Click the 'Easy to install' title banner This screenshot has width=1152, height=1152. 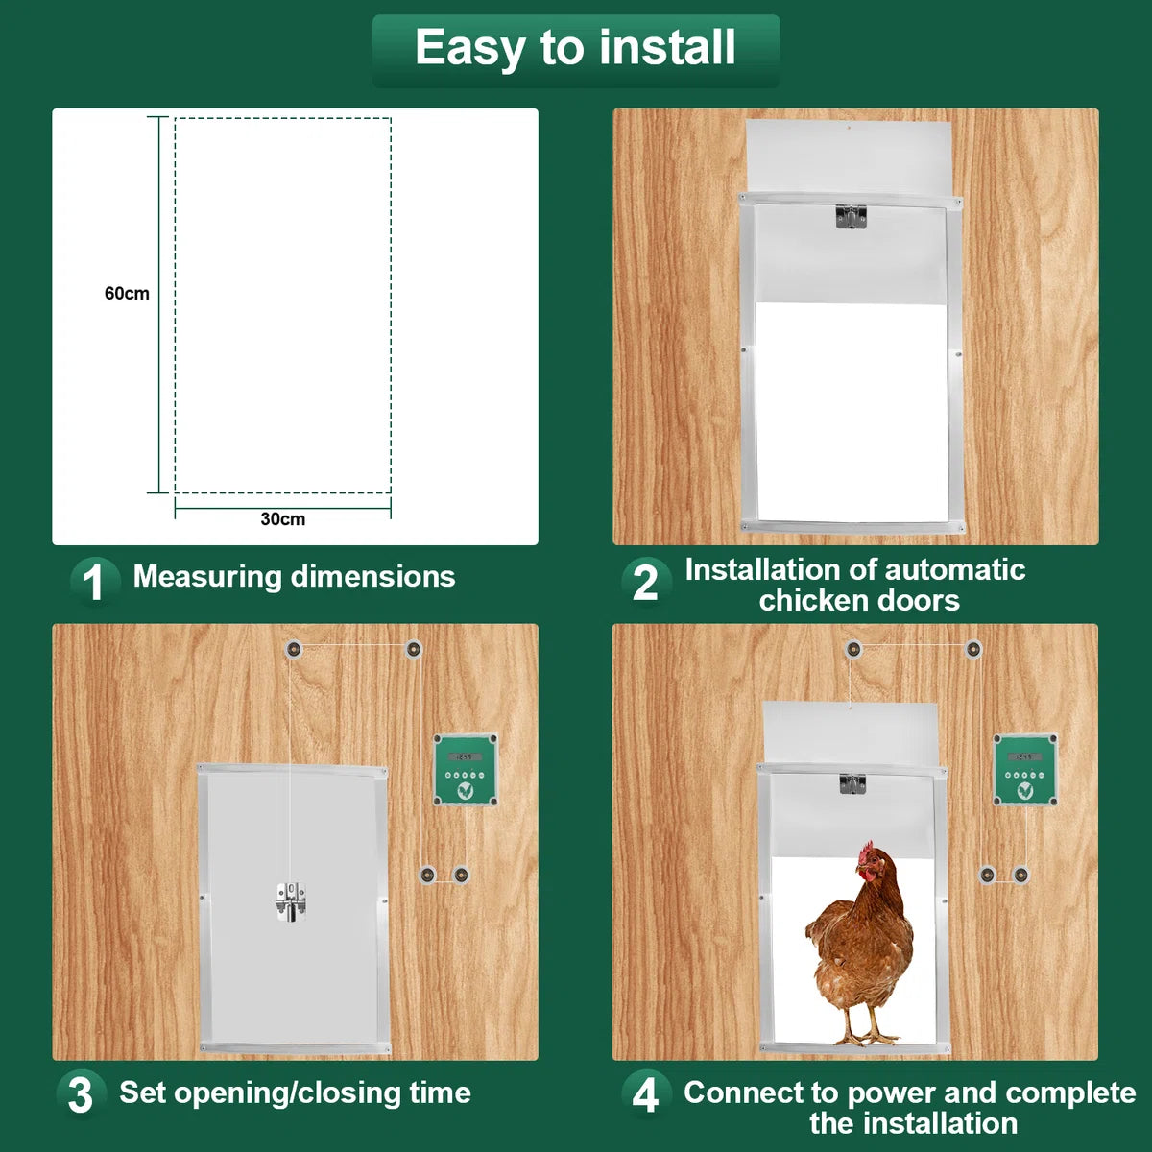point(576,51)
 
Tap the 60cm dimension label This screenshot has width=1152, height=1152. point(127,294)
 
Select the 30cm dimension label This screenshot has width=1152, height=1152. point(283,519)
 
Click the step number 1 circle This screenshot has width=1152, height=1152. point(94,582)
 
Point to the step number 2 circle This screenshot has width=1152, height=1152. point(646,582)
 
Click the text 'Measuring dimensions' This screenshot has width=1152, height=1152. point(294,578)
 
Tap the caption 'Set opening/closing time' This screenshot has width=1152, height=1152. point(296,1092)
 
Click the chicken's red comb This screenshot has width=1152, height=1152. point(866,852)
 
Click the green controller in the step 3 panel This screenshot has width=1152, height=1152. point(465,769)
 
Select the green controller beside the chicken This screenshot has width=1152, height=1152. point(1025,769)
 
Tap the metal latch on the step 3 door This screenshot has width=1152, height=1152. point(291,901)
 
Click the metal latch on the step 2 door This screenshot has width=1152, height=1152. point(851,217)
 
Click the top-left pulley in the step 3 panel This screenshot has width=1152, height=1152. point(293,649)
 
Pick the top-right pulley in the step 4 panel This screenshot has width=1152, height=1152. point(973,649)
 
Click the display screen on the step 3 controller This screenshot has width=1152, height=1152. point(465,756)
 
